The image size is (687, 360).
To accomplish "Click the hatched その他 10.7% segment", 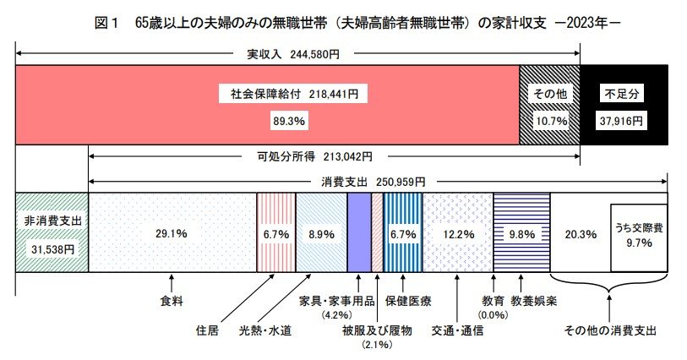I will click(548, 106).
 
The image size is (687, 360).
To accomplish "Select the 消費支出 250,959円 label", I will click(373, 181).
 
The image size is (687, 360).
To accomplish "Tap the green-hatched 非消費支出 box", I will click(52, 232).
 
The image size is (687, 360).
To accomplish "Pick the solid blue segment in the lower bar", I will click(359, 232).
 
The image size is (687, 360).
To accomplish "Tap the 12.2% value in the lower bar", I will click(457, 234).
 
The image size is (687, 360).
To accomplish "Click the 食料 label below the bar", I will click(172, 300).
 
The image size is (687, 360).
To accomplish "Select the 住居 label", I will click(207, 330).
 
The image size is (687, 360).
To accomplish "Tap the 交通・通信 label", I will click(457, 330).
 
